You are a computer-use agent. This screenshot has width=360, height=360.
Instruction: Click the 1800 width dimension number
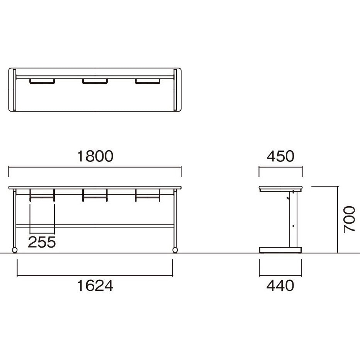[95, 156]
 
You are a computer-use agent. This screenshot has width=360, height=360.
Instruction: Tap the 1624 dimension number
[95, 286]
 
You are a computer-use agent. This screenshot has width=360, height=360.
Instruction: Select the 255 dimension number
[42, 242]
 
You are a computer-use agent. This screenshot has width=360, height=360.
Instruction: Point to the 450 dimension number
[280, 156]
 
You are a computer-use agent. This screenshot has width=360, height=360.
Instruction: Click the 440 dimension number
[280, 286]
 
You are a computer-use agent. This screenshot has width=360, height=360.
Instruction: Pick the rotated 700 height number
[349, 219]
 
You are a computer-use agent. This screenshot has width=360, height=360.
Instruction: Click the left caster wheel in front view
[14, 250]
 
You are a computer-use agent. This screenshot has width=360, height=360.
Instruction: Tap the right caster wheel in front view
[175, 250]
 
